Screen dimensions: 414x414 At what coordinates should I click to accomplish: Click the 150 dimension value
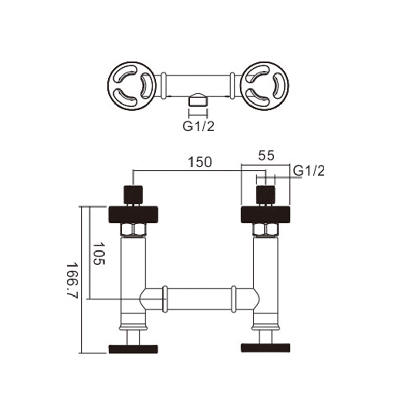(200, 162)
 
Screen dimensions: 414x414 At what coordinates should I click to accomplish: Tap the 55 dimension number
(267, 156)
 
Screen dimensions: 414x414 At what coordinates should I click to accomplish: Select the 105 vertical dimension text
(99, 254)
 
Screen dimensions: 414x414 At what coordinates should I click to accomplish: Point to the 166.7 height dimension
(72, 280)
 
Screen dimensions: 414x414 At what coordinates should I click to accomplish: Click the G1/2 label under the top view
(198, 127)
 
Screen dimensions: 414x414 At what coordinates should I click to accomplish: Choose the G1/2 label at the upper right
(309, 171)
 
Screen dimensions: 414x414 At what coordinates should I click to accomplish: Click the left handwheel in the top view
(131, 86)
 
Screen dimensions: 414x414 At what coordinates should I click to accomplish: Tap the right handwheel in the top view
(265, 86)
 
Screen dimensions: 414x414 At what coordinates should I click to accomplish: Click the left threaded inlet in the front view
(134, 195)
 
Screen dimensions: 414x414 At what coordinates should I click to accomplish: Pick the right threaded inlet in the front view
(266, 195)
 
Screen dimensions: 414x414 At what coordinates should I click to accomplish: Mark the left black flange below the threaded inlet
(134, 215)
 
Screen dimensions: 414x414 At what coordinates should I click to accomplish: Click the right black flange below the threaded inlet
(265, 215)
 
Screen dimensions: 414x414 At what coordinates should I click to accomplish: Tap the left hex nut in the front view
(134, 229)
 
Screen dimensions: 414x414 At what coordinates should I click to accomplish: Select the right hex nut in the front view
(265, 229)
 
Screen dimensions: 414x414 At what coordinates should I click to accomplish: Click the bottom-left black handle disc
(134, 349)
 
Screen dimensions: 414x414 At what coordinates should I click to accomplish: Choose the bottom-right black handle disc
(265, 348)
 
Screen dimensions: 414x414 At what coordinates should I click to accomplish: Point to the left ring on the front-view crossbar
(165, 299)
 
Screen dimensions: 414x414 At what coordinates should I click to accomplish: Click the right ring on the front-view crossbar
(234, 299)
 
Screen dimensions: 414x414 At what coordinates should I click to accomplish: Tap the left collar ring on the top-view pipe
(164, 86)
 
